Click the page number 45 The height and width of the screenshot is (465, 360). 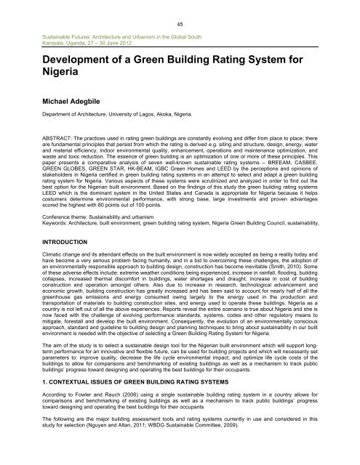(180, 23)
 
